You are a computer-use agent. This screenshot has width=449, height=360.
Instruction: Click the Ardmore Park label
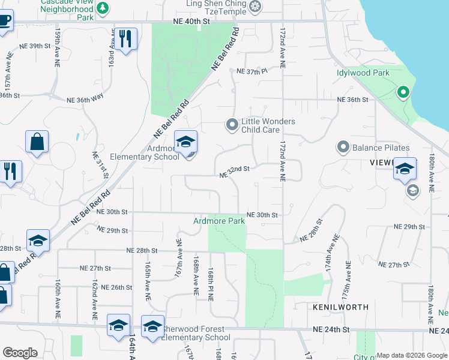click(x=219, y=221)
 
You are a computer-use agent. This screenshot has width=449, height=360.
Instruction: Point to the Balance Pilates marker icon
click(x=343, y=147)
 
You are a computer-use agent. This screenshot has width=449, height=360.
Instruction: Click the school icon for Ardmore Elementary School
click(x=186, y=143)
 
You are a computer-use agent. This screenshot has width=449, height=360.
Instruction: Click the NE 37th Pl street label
click(x=251, y=71)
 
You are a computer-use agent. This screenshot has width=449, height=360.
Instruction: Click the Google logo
click(x=20, y=353)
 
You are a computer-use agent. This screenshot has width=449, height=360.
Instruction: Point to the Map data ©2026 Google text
click(x=412, y=355)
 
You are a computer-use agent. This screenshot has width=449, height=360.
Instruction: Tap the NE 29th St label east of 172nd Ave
click(x=409, y=227)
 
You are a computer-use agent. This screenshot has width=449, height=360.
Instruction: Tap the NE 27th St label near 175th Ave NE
click(x=394, y=265)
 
